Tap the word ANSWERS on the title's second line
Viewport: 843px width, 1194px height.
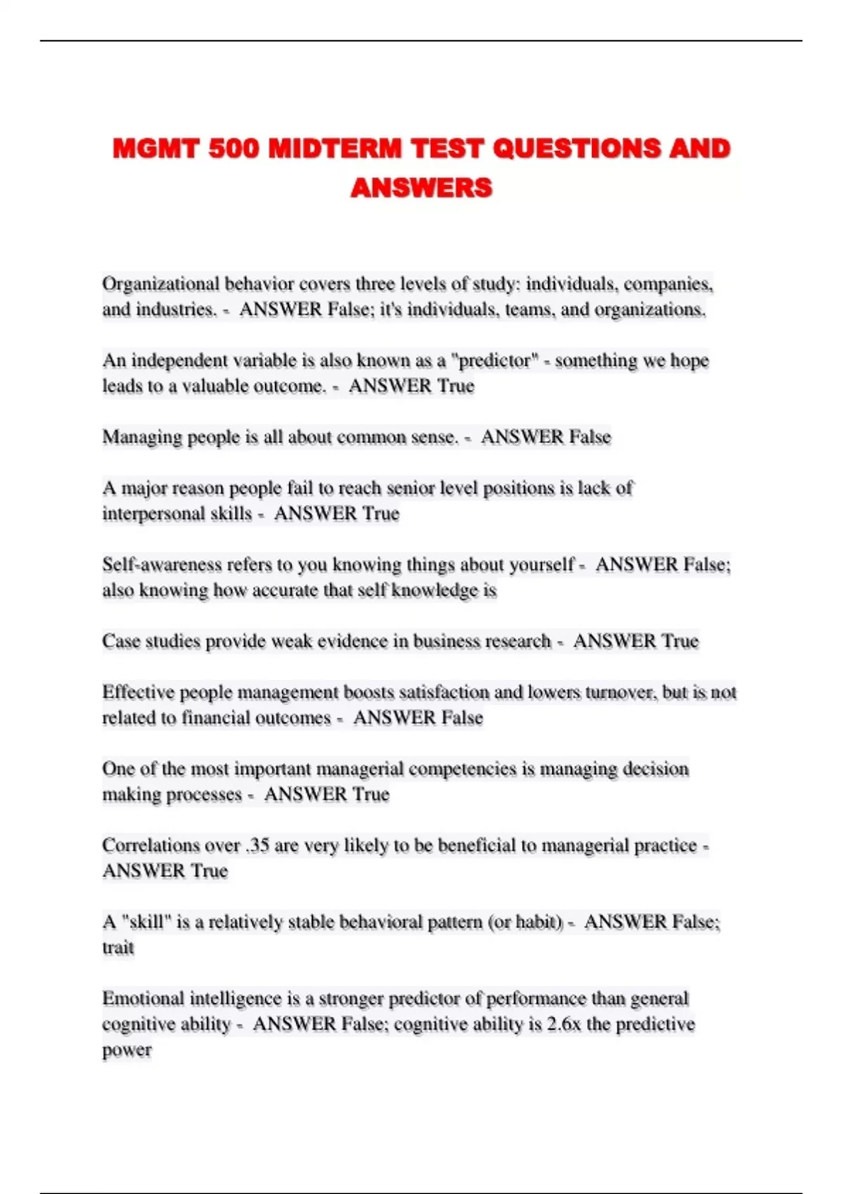point(421,188)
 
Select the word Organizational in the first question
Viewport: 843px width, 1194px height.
point(161,284)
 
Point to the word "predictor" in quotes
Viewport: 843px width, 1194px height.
point(495,360)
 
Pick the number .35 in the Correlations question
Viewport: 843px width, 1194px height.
point(258,846)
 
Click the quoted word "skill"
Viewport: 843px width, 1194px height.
point(146,922)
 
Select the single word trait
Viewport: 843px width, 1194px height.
point(118,948)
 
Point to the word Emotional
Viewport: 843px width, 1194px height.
point(143,999)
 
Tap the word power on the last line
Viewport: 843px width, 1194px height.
point(126,1050)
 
